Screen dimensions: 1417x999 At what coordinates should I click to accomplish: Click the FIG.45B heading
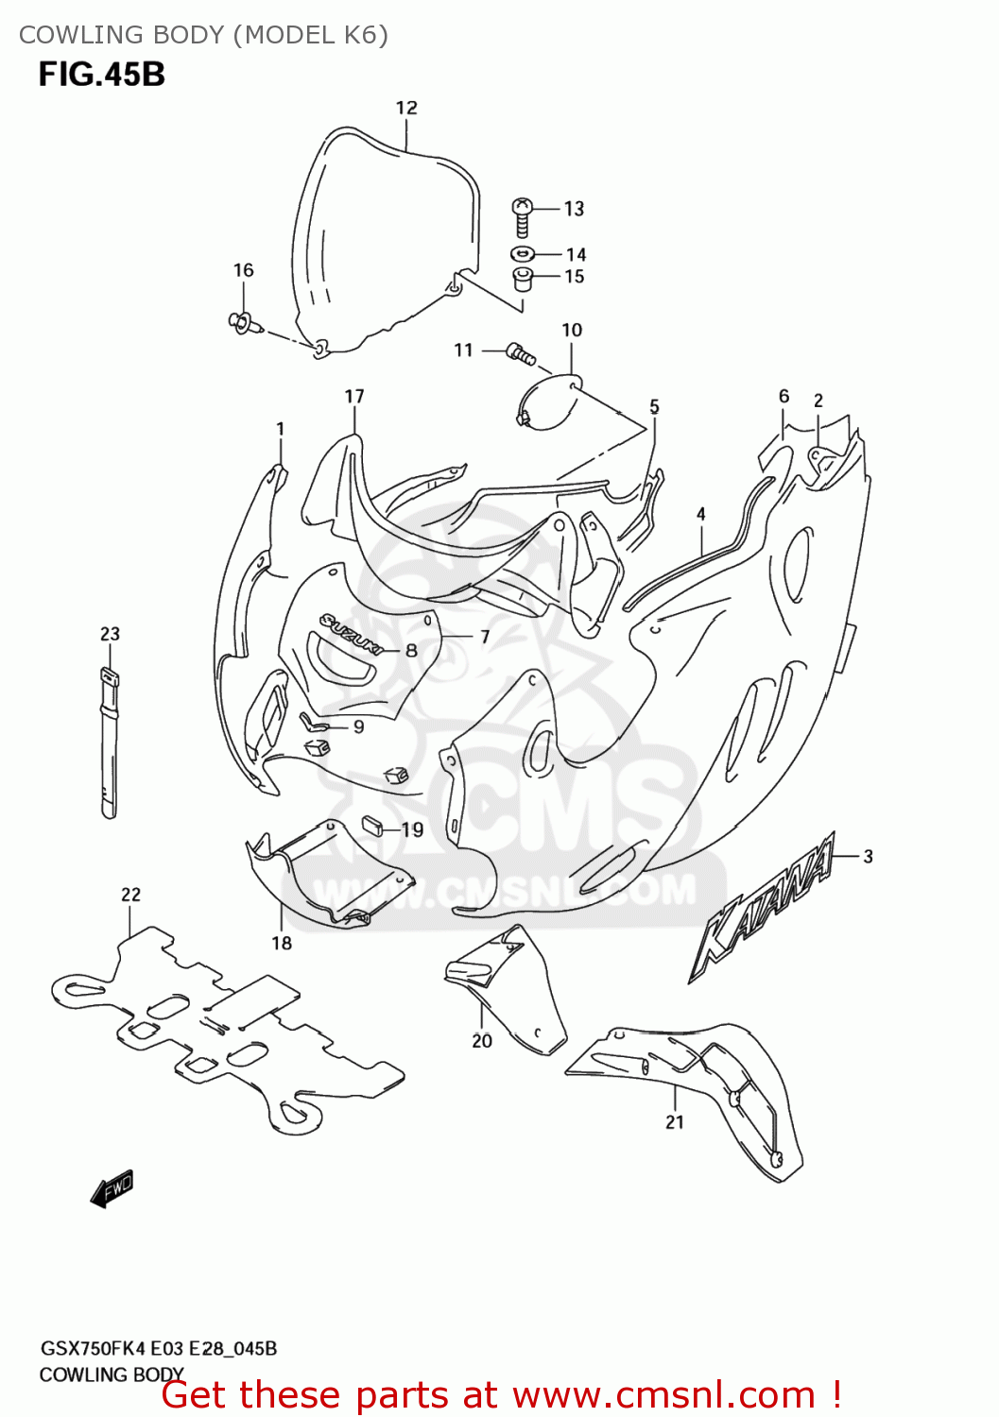pyautogui.click(x=102, y=75)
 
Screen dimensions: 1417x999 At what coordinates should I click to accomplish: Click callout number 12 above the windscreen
pyautogui.click(x=406, y=108)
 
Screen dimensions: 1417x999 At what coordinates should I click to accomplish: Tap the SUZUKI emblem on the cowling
pyautogui.click(x=350, y=634)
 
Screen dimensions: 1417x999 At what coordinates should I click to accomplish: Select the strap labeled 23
pyautogui.click(x=110, y=743)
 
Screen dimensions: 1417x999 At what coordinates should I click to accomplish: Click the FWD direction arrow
pyautogui.click(x=112, y=1188)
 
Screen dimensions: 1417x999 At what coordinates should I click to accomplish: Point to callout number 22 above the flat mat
pyautogui.click(x=130, y=894)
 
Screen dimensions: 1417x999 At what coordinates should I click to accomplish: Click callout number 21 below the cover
pyautogui.click(x=674, y=1121)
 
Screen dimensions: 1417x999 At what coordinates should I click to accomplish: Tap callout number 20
pyautogui.click(x=482, y=1040)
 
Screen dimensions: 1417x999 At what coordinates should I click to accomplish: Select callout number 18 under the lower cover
pyautogui.click(x=282, y=943)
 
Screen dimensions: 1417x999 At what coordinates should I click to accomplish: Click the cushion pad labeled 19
pyautogui.click(x=371, y=825)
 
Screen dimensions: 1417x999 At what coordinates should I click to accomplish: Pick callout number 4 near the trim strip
pyautogui.click(x=700, y=514)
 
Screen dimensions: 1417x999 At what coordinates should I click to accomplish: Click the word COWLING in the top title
pyautogui.click(x=72, y=35)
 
